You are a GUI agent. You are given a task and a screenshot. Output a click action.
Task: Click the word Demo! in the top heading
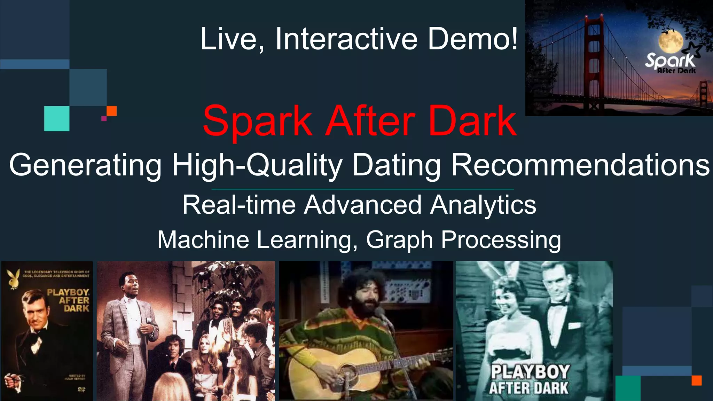472,39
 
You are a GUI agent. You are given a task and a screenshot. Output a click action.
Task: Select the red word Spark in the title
258,121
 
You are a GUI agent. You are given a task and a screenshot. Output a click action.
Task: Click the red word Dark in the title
472,121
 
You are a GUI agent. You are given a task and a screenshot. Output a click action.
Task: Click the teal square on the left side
57,119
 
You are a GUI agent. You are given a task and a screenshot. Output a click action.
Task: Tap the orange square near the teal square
111,111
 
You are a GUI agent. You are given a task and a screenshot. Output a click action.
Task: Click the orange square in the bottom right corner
697,380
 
